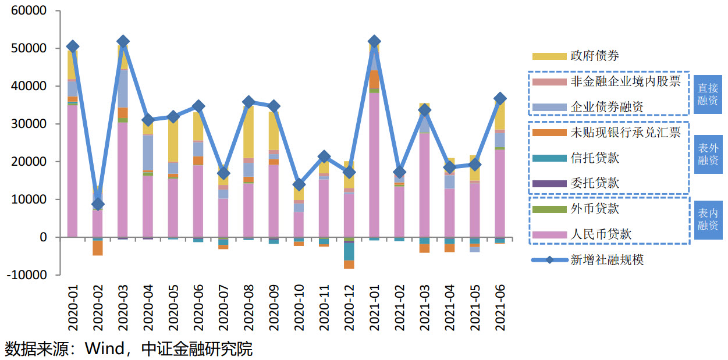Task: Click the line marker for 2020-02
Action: pos(98,204)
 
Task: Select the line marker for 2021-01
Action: pos(374,42)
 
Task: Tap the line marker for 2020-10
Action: pos(299,184)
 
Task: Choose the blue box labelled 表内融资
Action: pos(708,220)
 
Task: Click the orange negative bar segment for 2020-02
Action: pos(98,248)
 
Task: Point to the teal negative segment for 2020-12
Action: pos(349,251)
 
